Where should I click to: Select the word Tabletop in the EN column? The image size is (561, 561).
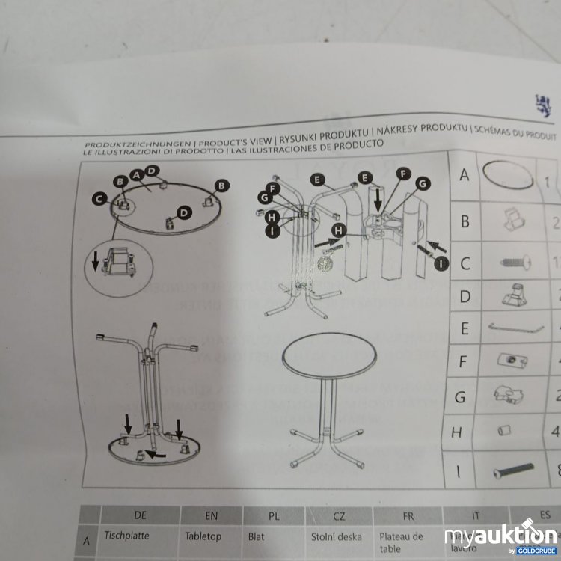point(203,536)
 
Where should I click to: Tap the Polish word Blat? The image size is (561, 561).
point(256,536)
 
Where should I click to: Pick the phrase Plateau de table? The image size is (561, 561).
point(401,542)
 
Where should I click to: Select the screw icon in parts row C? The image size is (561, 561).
point(513,262)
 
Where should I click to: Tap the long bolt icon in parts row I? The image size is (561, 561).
point(513,470)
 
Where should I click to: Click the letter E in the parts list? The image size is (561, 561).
point(465,328)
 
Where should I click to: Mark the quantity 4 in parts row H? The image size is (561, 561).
point(554,432)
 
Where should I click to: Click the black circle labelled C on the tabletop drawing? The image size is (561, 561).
point(99,199)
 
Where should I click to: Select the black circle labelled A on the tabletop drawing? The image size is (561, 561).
point(135,174)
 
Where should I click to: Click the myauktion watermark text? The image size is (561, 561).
point(500,536)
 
